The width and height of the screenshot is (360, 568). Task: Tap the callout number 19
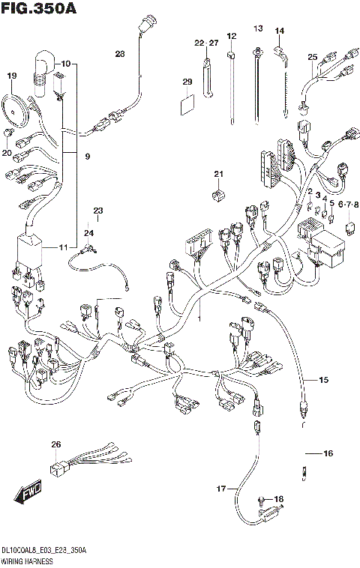pos(11,76)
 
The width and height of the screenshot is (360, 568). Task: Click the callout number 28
pos(120,53)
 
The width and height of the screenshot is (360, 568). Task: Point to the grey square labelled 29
pos(187,103)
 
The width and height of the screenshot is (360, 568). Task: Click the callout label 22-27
pos(205,43)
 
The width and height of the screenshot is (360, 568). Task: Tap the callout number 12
pos(232,36)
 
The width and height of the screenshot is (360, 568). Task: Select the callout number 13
pos(258,29)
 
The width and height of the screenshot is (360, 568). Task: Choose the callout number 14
pos(280,31)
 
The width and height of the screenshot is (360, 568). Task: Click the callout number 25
pos(313,57)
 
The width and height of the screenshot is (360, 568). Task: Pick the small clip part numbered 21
pos(218,195)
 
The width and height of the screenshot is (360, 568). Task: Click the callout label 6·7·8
pos(349,204)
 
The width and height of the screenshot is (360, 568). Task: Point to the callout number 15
pos(323,381)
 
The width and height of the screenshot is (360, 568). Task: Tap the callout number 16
pos(328,454)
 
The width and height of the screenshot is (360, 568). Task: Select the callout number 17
pos(221,489)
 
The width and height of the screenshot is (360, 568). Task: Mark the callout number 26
pos(55,445)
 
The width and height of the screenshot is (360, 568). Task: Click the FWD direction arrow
pos(27,494)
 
